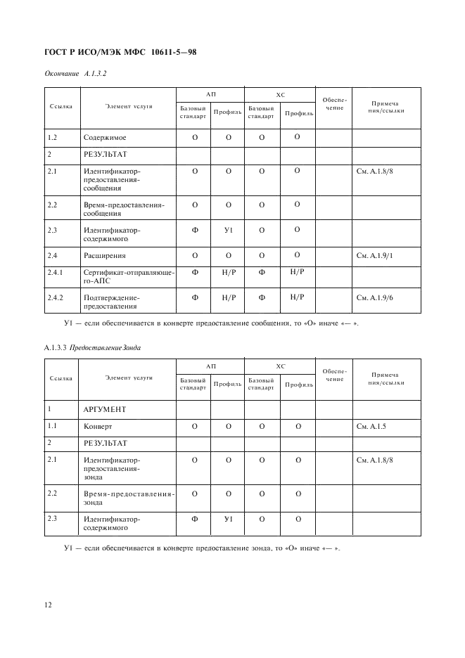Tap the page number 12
pos(49,603)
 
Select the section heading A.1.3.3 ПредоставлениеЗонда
pos(96,347)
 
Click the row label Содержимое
pos(105,138)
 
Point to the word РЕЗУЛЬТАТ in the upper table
pos(106,155)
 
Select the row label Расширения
pos(106,256)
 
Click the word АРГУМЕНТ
pos(106,409)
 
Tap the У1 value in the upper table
pos(227,230)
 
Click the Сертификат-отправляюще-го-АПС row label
pos(128,276)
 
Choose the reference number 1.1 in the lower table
pos(51,427)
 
